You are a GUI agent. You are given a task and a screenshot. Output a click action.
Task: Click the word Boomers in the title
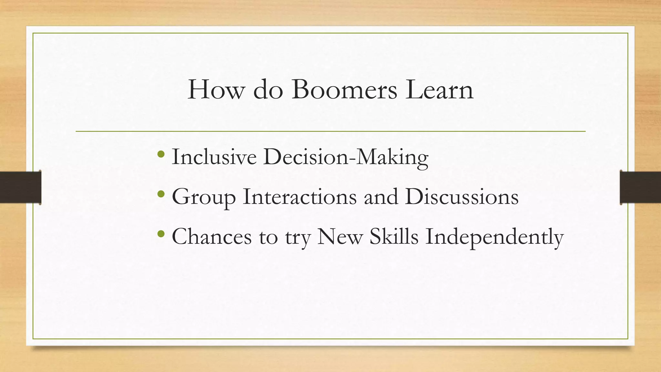(x=344, y=90)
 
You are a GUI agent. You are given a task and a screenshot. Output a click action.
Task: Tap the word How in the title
(x=216, y=90)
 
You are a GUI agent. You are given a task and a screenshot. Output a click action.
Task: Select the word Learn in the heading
(x=440, y=90)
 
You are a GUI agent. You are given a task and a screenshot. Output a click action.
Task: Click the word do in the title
(x=268, y=90)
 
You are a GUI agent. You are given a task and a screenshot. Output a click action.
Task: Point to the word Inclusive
(x=214, y=157)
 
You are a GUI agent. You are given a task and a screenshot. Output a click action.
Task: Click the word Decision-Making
(x=346, y=157)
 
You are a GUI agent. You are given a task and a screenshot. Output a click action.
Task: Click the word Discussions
(x=462, y=197)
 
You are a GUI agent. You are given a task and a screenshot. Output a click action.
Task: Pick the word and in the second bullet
(x=381, y=197)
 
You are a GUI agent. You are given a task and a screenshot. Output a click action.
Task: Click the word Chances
(x=212, y=237)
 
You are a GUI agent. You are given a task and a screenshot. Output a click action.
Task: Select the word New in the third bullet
(x=340, y=237)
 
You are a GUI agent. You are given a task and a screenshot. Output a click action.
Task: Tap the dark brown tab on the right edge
(x=640, y=187)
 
